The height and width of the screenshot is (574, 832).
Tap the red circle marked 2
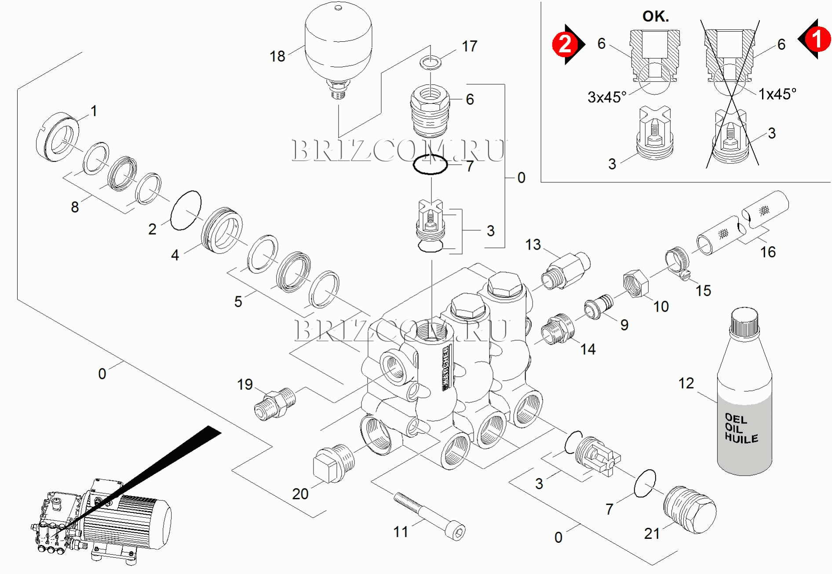click(565, 44)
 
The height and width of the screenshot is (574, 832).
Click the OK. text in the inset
click(655, 17)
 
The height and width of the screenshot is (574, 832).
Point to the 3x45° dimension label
click(607, 97)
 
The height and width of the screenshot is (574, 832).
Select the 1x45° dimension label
click(777, 94)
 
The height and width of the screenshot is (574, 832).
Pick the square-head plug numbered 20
click(333, 463)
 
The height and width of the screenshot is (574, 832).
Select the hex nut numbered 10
click(636, 284)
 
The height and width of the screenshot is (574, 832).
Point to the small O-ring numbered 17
click(431, 62)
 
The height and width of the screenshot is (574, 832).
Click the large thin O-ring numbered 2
click(186, 210)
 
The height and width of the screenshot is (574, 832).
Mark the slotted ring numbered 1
click(57, 137)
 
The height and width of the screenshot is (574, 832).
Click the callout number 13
click(533, 244)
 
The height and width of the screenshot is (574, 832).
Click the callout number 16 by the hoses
click(768, 252)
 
